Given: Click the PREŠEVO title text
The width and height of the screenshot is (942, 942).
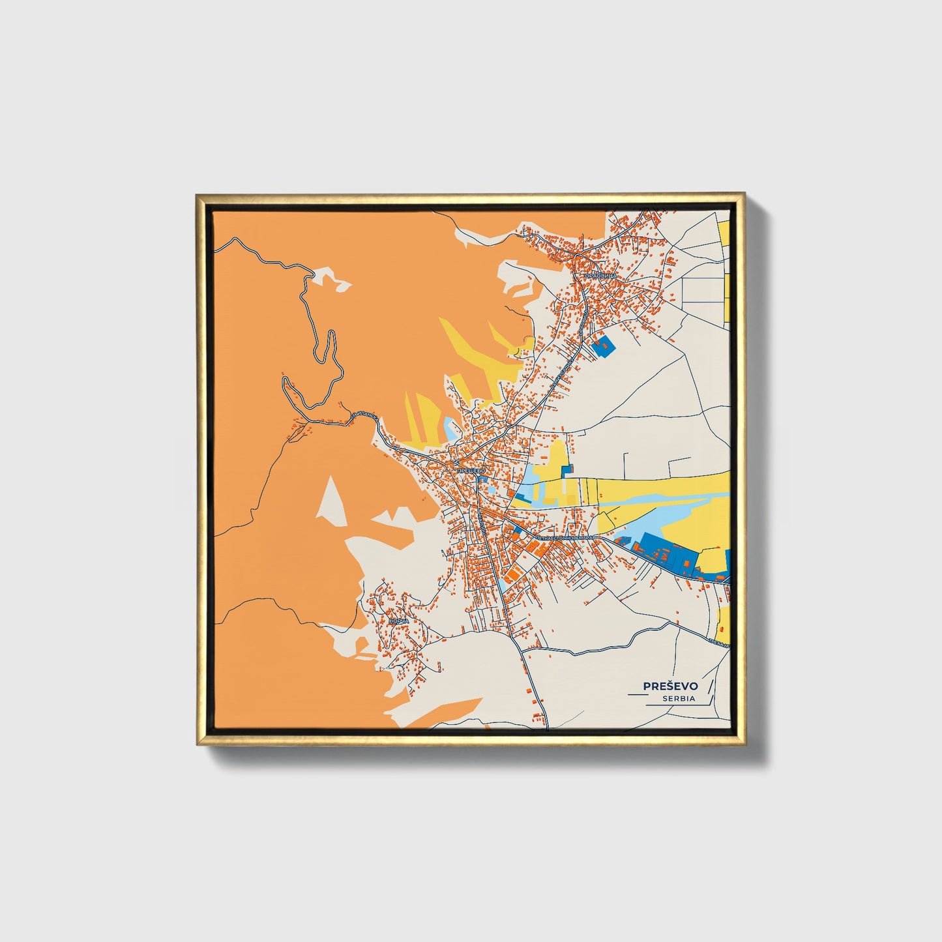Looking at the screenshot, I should tap(670, 686).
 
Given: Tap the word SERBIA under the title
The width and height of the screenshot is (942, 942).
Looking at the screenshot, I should tap(679, 698).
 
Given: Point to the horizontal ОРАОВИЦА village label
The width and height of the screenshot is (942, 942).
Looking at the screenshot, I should tap(600, 276).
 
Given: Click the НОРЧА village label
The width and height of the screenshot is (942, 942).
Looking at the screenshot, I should tap(398, 621).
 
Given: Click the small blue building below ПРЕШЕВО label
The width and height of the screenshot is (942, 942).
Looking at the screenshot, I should tap(483, 480).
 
